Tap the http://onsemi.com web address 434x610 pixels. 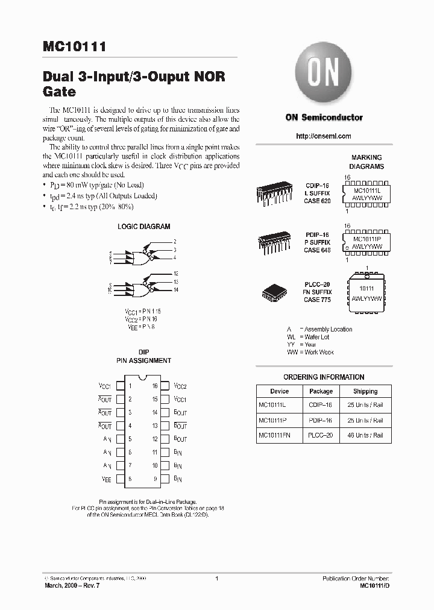(324, 136)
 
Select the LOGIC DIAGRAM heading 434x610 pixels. (143, 227)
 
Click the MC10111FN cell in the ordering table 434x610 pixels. (274, 435)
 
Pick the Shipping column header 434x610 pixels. (365, 391)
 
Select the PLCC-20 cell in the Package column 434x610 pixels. (321, 435)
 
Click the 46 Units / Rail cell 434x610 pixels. (365, 435)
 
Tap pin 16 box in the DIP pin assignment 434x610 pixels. (164, 386)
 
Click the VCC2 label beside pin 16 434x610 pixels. (180, 386)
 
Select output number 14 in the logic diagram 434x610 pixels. (175, 290)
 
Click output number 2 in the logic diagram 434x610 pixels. (174, 241)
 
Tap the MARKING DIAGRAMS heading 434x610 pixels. (366, 162)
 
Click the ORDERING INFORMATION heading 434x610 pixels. (324, 377)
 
